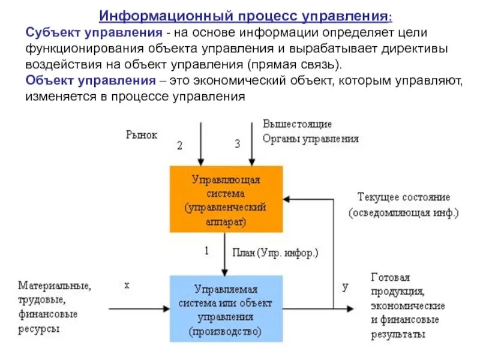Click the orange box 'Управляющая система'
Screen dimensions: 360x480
[x=226, y=199]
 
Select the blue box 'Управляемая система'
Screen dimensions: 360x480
[x=226, y=308]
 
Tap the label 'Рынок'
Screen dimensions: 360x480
[x=142, y=135]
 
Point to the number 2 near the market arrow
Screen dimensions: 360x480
[x=179, y=145]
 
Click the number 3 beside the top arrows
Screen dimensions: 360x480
[x=237, y=144]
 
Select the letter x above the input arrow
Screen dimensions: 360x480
[x=127, y=286]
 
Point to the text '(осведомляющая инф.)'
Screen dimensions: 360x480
[x=403, y=212]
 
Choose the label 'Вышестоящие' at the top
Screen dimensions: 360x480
[x=297, y=124]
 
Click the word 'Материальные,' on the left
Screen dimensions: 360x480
[x=55, y=286]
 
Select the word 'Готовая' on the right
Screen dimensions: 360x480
[x=391, y=277]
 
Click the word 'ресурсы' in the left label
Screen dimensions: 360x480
[x=39, y=329]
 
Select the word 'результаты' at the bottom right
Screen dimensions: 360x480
[x=398, y=334]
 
